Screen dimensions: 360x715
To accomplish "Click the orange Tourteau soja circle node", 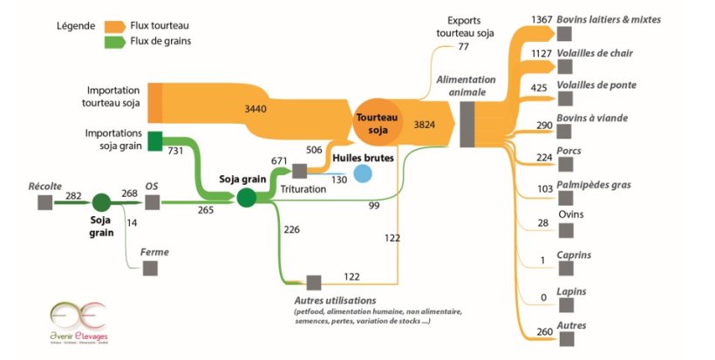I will coord(378,123).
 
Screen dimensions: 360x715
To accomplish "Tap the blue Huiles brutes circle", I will coord(362,173).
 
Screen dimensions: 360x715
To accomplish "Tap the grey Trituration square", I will coord(299,171).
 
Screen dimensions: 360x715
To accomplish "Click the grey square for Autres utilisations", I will coord(314,282).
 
